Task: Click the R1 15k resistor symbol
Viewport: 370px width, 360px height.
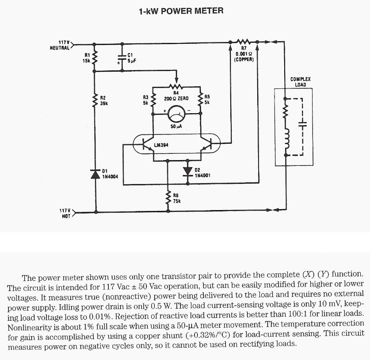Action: [94, 56]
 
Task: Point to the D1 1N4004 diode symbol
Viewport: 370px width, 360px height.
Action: [94, 174]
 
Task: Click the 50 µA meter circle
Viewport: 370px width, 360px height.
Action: [176, 116]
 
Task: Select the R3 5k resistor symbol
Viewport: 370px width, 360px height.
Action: [153, 100]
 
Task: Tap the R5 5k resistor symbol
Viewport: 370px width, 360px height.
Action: [200, 100]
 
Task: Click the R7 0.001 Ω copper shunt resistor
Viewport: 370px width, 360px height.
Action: [244, 42]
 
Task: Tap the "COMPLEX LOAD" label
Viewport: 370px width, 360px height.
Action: [300, 82]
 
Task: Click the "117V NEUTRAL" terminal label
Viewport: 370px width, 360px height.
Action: [60, 45]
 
